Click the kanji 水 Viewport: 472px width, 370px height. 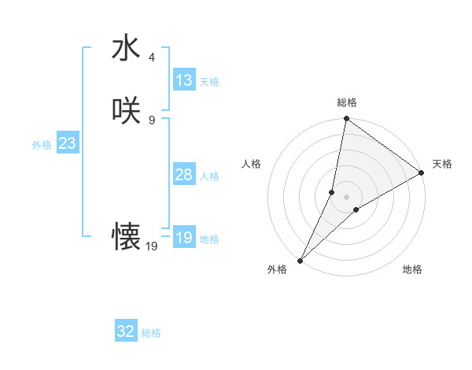[126, 48]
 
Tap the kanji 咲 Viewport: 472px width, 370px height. [126, 111]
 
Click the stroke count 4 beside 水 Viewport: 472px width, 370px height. [152, 57]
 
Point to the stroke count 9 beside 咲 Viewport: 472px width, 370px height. [152, 120]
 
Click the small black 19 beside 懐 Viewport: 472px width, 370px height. [152, 246]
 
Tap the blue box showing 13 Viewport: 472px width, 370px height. [184, 80]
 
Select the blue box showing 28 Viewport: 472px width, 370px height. [184, 175]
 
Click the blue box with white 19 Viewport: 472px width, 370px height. [184, 238]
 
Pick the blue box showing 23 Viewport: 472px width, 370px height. [67, 143]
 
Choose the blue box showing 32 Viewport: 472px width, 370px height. [126, 331]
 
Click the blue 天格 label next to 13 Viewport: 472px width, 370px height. [209, 82]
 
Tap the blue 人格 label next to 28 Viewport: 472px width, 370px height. [209, 176]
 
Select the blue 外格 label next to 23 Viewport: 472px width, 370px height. [42, 145]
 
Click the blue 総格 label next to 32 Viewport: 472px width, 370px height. [151, 333]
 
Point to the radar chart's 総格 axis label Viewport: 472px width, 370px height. [346, 102]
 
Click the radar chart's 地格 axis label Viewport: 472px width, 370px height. [412, 270]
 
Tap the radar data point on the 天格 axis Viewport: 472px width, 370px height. [421, 172]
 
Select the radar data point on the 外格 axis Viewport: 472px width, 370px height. [300, 260]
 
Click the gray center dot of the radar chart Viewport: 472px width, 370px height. [346, 196]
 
